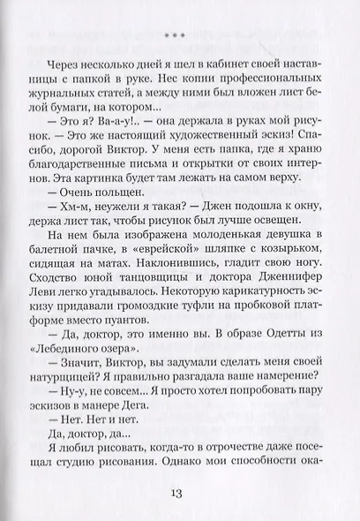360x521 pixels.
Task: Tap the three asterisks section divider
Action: [180, 34]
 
